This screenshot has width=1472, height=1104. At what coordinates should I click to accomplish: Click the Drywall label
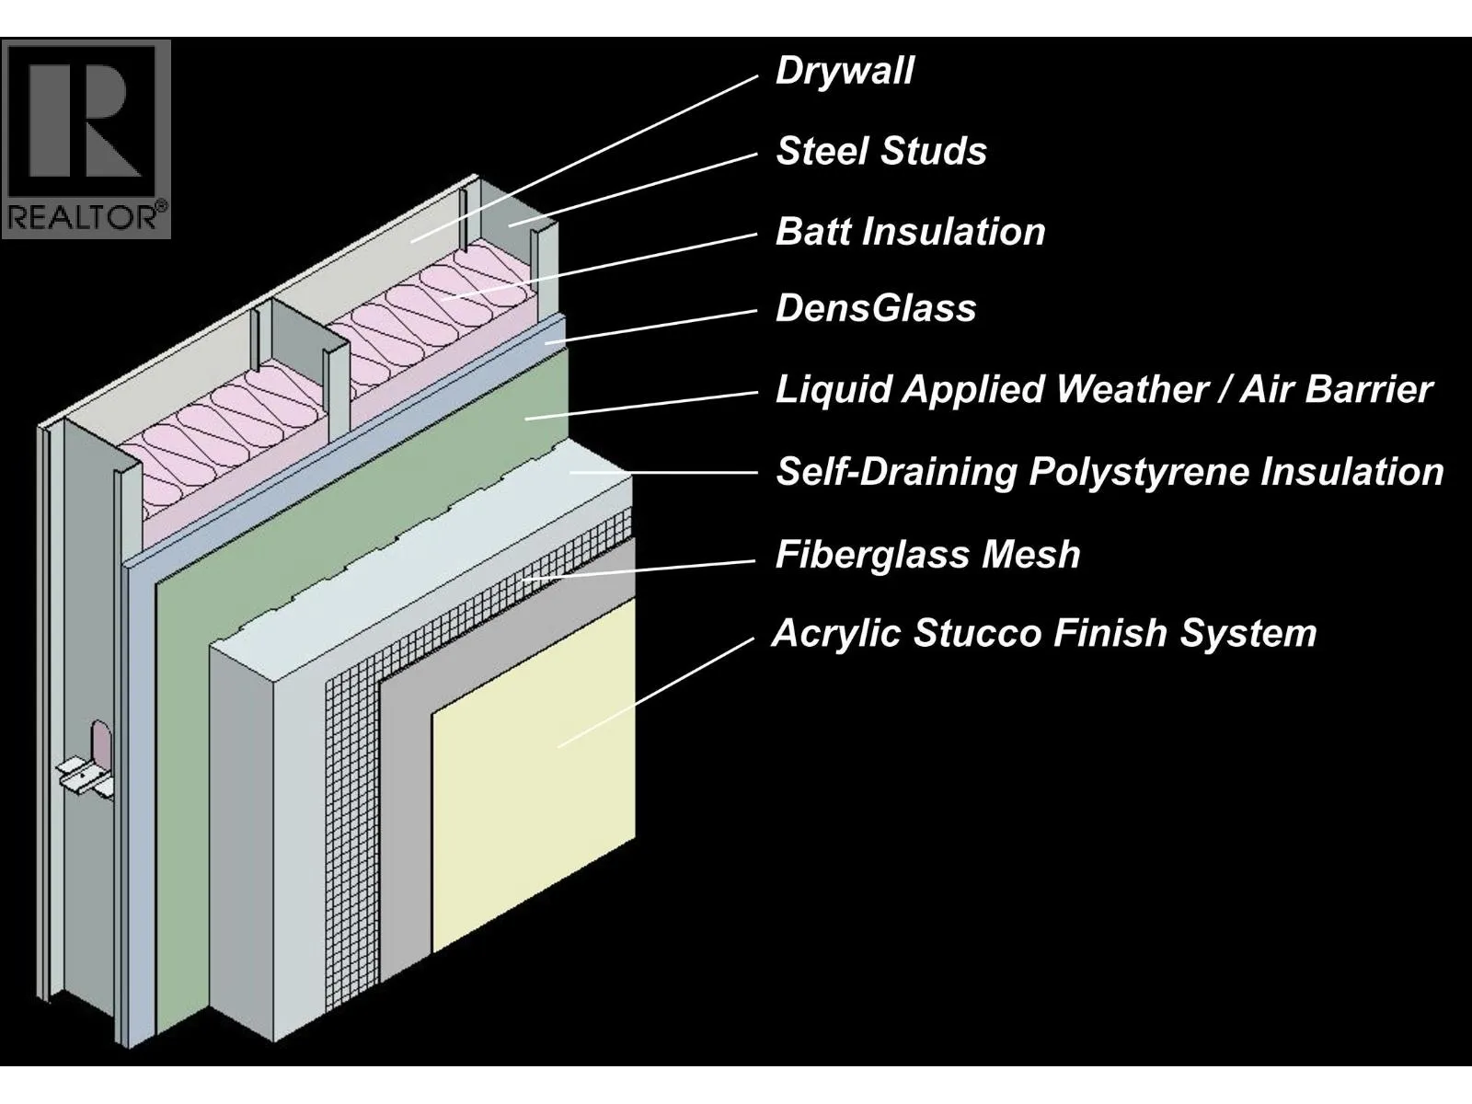845,72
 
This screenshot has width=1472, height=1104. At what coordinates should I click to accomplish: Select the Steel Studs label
880,152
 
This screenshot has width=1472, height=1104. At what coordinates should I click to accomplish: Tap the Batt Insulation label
910,232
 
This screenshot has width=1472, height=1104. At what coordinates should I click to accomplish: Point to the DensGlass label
875,309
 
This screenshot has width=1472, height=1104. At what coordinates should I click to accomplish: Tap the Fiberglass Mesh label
927,555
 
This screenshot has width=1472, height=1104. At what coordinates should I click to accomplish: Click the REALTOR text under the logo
86,217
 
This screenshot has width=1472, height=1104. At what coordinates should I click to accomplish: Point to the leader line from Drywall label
589,156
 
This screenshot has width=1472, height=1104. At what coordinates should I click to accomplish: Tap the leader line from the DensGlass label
653,327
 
